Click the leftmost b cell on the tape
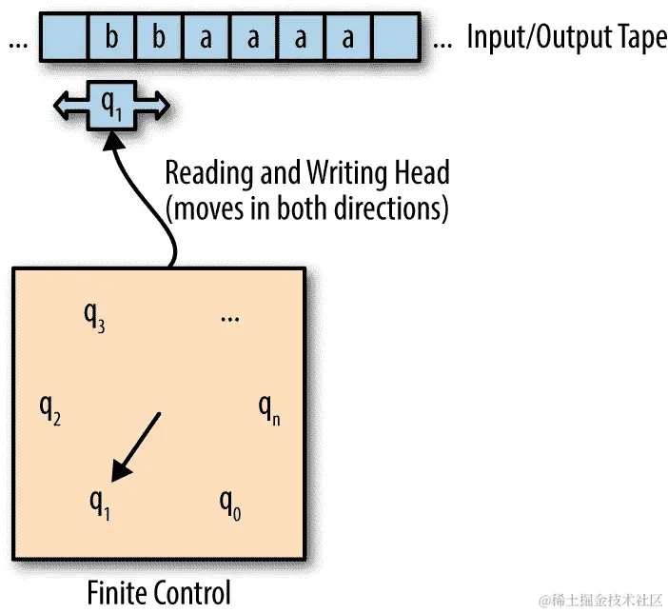[112, 38]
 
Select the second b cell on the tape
[159, 38]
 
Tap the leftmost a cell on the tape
[206, 38]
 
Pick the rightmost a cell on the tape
[348, 38]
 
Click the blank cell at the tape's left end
[64, 38]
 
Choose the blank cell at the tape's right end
[396, 38]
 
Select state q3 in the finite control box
[94, 320]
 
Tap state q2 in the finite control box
[50, 410]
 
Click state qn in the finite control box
[270, 410]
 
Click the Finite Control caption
[159, 591]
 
